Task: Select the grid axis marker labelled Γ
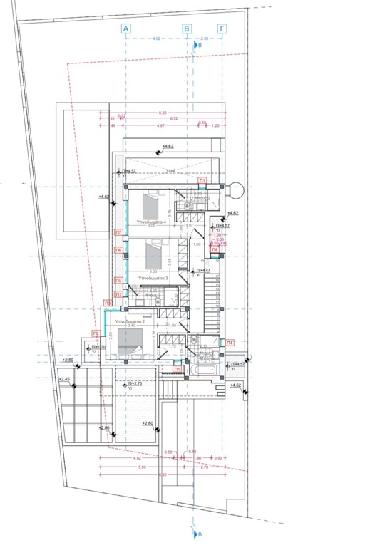(x=222, y=28)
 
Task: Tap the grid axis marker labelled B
(x=188, y=28)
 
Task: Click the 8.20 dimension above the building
(x=163, y=113)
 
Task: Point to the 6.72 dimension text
(x=173, y=118)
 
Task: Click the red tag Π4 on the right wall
(x=230, y=343)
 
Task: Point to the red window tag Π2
(x=96, y=334)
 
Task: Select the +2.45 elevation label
(x=66, y=379)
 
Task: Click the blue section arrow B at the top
(x=197, y=45)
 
